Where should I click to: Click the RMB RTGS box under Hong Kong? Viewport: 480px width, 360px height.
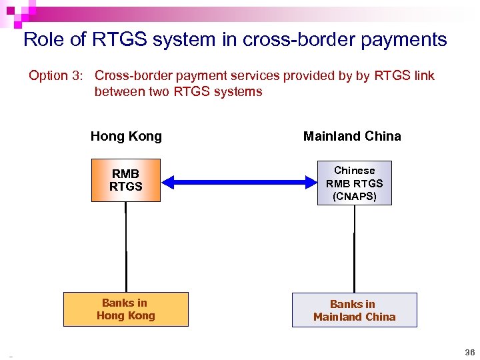coord(126,180)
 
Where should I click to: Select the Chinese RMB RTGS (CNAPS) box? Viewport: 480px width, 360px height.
coord(354,183)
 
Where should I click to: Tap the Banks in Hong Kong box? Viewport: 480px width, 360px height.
coord(125,309)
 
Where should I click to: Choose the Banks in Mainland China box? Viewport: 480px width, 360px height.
coord(354,310)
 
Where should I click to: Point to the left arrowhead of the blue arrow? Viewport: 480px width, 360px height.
coord(169,180)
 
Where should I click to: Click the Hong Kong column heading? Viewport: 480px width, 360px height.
coord(126,137)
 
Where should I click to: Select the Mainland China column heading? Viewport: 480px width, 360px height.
coord(352,137)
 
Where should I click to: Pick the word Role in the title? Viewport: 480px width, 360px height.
coord(44,39)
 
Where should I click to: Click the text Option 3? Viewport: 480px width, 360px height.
coord(55,76)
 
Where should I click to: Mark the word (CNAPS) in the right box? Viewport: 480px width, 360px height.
coord(354,196)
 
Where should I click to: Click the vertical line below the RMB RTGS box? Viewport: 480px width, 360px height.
coord(126,247)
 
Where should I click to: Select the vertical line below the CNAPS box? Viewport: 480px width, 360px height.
coord(354,248)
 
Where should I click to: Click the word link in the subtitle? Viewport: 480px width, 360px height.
coord(423,76)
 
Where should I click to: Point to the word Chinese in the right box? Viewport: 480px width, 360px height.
coord(354,171)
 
